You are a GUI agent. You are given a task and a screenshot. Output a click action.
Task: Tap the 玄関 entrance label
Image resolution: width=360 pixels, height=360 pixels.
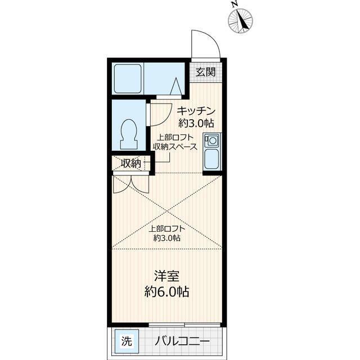click(205, 72)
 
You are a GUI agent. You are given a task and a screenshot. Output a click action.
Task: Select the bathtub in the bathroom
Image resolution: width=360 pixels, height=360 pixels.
click(128, 79)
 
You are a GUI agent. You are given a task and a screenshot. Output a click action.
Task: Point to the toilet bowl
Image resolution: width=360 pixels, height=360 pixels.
click(129, 134)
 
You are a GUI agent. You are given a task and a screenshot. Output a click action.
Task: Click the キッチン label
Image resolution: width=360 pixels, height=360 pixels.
click(196, 111)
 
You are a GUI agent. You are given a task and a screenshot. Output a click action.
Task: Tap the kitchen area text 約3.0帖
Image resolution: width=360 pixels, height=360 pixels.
click(196, 124)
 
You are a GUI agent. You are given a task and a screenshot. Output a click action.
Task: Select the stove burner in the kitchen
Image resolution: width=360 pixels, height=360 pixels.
click(211, 140)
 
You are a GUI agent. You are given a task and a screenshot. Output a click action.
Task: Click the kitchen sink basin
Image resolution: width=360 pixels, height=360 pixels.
click(211, 159)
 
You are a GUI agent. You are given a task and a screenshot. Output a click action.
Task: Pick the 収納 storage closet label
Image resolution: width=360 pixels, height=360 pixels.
click(131, 163)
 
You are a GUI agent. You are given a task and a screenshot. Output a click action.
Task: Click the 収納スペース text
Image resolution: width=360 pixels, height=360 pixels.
click(175, 146)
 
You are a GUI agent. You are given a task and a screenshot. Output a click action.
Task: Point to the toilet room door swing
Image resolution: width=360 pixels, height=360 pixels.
click(161, 115)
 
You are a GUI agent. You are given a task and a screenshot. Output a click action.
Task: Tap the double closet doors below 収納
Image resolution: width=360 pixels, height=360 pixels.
click(131, 184)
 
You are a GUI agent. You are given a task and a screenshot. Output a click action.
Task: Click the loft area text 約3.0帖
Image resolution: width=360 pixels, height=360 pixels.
click(167, 238)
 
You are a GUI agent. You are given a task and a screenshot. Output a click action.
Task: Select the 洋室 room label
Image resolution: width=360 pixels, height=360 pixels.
click(166, 276)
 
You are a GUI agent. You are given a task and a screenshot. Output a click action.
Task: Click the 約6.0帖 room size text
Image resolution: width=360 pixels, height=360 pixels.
click(166, 292)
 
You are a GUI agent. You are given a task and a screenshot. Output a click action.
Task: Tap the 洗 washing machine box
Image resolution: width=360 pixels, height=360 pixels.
click(127, 341)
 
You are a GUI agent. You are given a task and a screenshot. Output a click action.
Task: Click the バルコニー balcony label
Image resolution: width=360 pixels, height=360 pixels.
click(182, 341)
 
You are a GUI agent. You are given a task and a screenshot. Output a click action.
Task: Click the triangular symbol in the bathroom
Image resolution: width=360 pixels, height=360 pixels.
click(176, 86)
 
